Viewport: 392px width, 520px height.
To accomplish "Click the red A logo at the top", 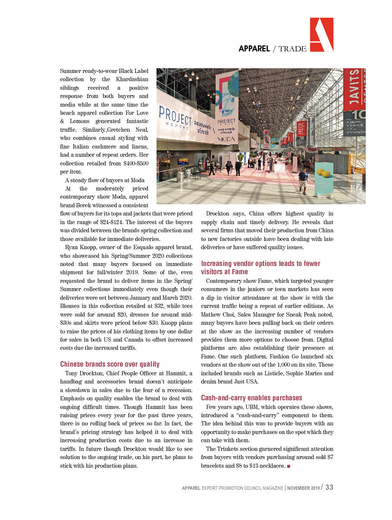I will (x=322, y=35).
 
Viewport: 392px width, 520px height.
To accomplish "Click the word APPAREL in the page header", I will (x=254, y=48).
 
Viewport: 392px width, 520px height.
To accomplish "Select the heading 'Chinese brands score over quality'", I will (x=110, y=364).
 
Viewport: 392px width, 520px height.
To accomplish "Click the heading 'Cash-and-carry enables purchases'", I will (x=251, y=398).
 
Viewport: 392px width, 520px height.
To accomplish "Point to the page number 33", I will (x=329, y=487).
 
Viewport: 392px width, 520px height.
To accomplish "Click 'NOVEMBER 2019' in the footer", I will (x=303, y=488).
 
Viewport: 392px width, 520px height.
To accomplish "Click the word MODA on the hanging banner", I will (x=226, y=139).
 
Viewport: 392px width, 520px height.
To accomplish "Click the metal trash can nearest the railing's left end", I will (x=188, y=173).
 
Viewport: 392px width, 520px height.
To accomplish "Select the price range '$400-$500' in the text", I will (x=134, y=164).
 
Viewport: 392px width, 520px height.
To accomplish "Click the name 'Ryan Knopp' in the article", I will (x=81, y=247).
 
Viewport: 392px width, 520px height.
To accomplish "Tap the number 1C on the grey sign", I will (x=360, y=115).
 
